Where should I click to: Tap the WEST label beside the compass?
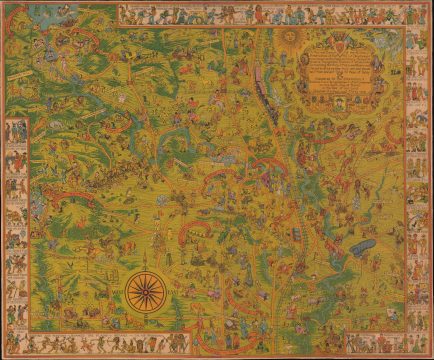[x=119, y=291]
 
